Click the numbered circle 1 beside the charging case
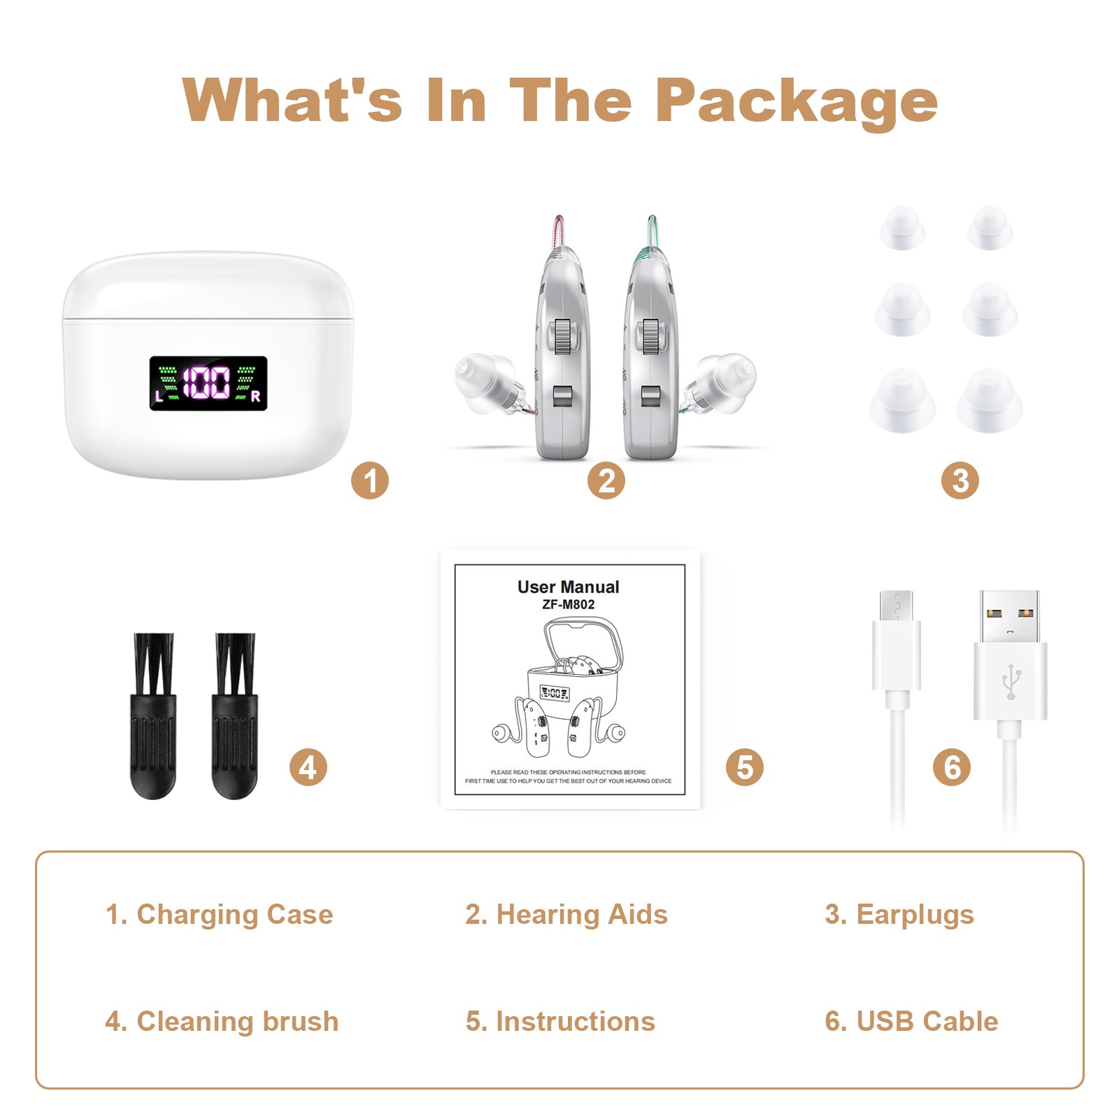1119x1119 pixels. click(369, 480)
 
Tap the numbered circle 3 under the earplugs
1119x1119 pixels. click(960, 480)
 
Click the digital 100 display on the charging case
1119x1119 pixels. click(207, 383)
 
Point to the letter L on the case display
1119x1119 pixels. click(159, 397)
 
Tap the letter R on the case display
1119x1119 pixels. click(255, 397)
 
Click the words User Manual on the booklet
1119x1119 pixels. click(568, 587)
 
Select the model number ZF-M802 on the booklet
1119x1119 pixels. click(568, 604)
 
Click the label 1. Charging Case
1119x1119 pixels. click(219, 914)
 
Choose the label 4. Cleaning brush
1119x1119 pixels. click(222, 1021)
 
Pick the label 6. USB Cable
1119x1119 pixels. click(911, 1021)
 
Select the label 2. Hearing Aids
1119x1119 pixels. click(566, 914)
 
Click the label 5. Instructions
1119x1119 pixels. click(560, 1021)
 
